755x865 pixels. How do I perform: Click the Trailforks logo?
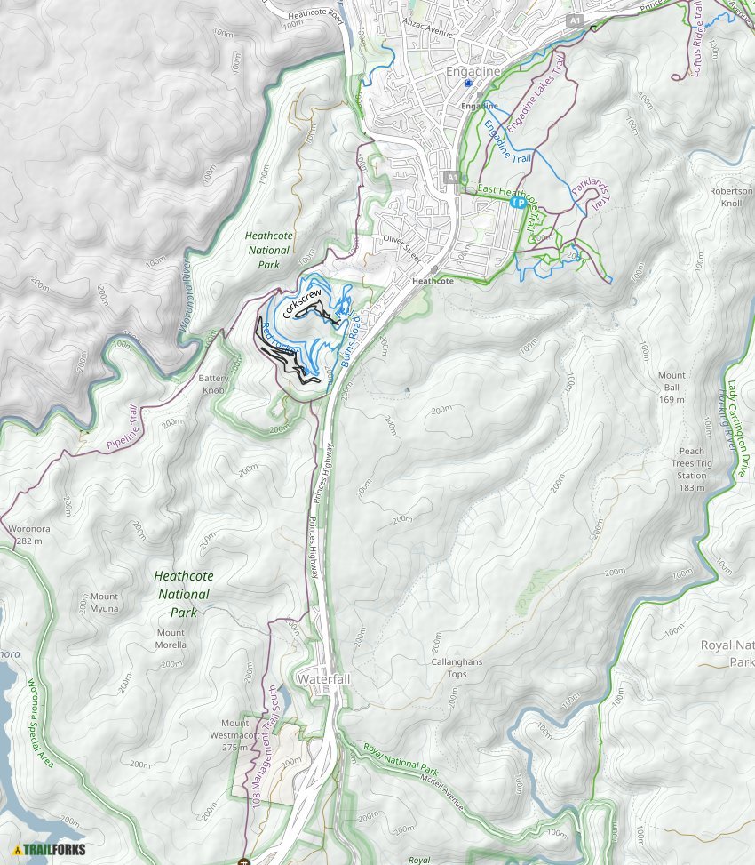click(50, 849)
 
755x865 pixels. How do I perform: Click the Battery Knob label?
click(214, 384)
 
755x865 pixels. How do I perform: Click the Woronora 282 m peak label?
click(25, 534)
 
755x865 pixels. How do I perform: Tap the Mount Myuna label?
click(104, 603)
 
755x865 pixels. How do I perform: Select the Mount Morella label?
click(171, 638)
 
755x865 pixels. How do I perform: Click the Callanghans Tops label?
click(456, 668)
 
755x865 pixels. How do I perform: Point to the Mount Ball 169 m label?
click(672, 388)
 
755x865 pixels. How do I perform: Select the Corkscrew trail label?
click(300, 302)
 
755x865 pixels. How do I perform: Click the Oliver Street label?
click(401, 245)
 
